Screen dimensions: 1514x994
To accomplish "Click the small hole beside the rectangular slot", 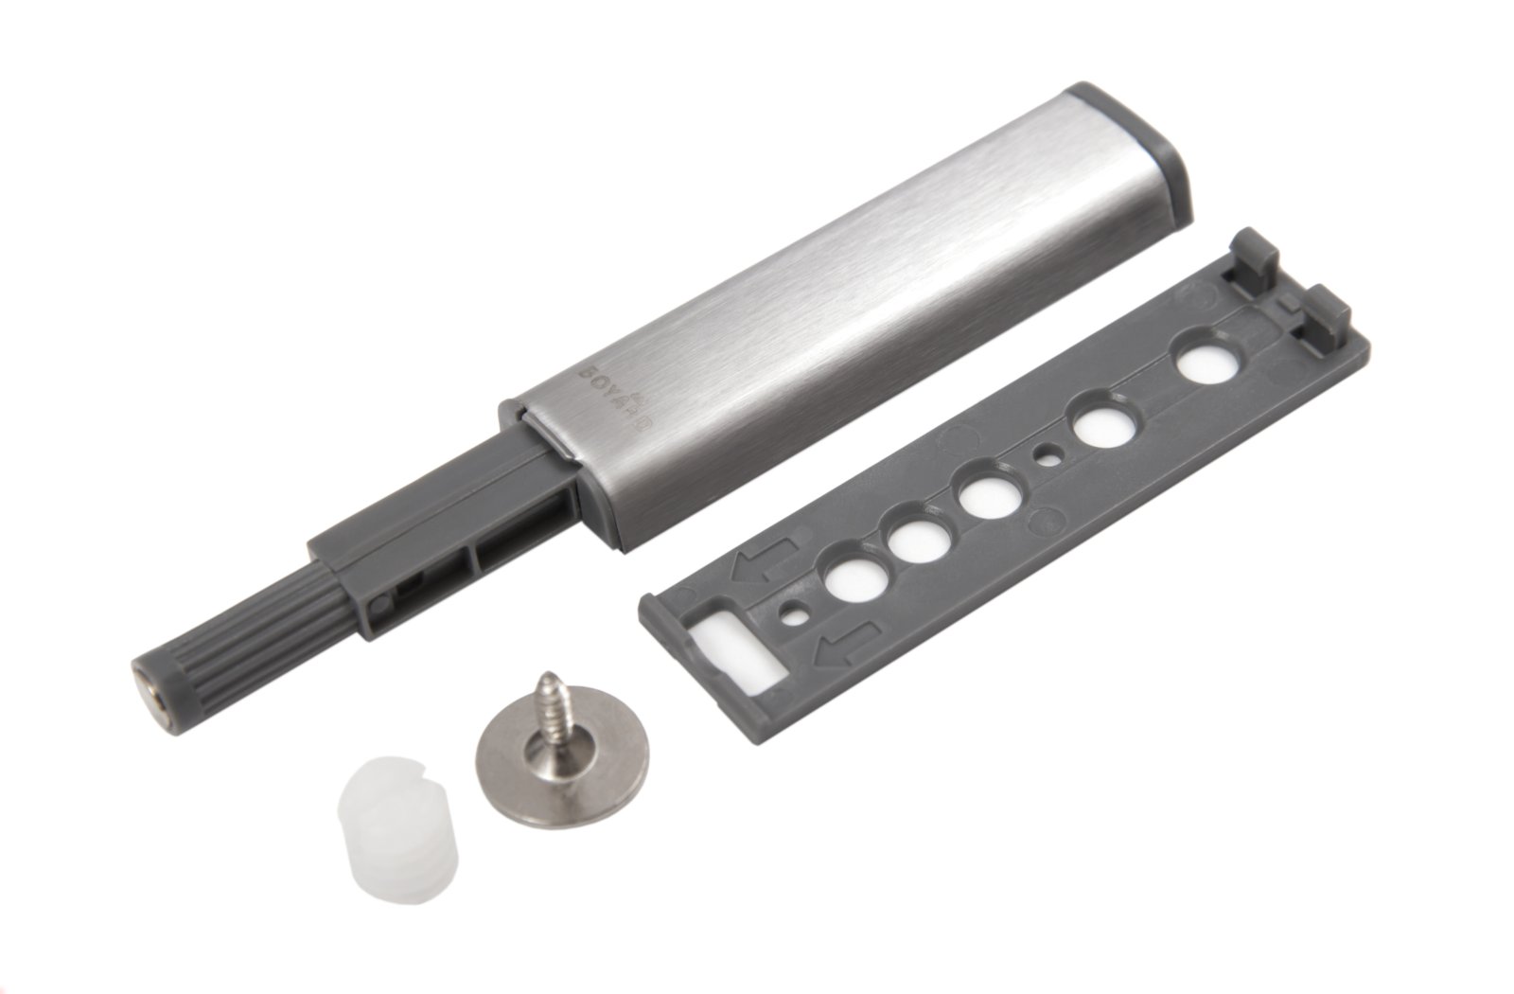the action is tap(792, 616).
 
